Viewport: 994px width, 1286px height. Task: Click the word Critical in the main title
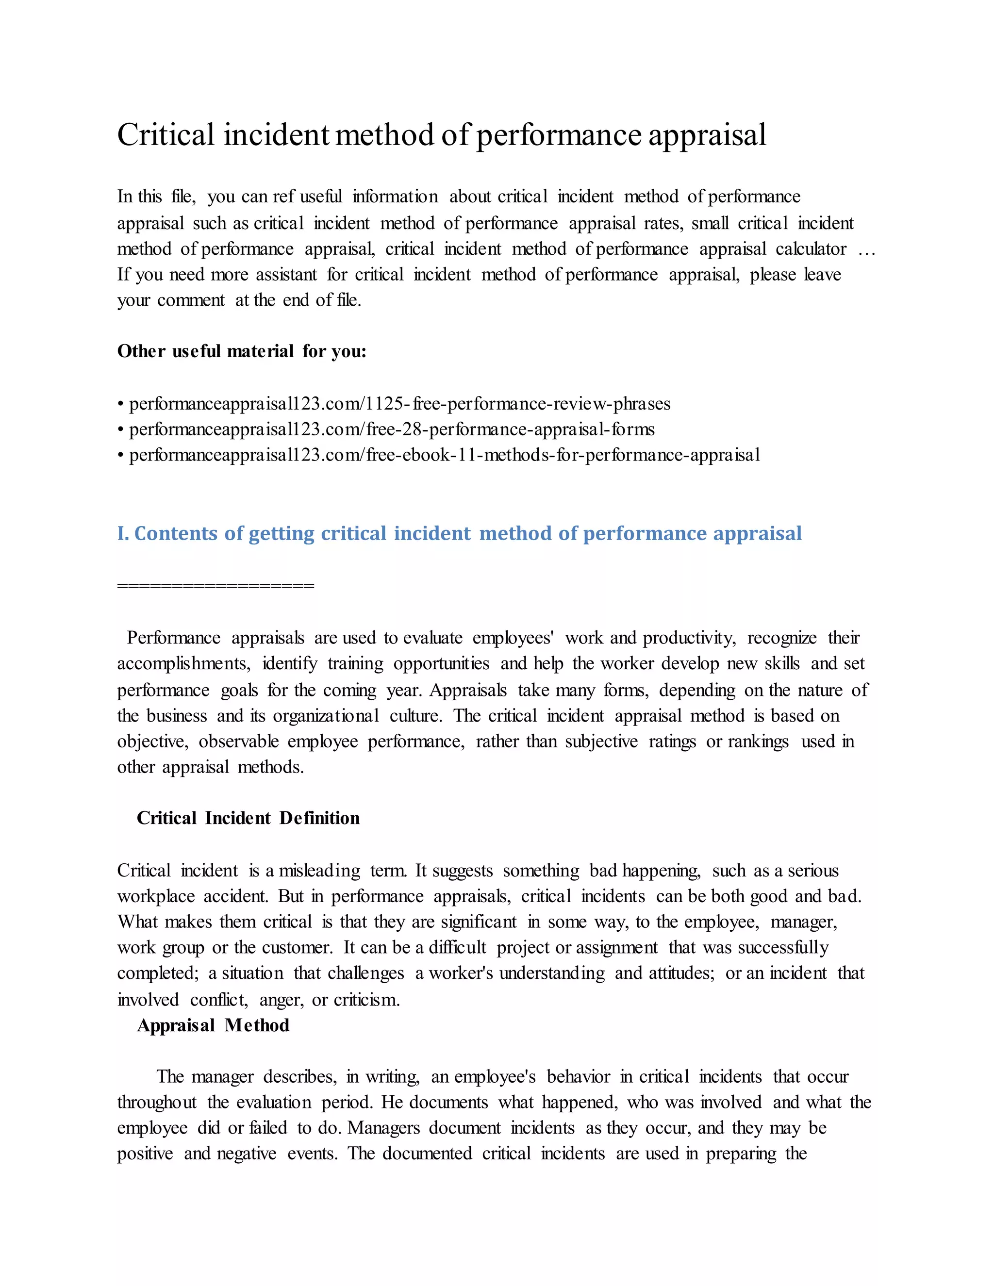click(166, 135)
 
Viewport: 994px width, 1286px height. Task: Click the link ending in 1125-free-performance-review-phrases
click(400, 404)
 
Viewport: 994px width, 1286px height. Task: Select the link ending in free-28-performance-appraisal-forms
click(392, 429)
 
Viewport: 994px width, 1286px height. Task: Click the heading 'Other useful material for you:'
click(241, 351)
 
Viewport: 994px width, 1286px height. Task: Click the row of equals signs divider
click(215, 585)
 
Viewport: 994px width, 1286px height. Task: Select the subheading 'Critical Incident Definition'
click(248, 818)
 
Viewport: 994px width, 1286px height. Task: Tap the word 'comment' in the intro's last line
click(191, 300)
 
